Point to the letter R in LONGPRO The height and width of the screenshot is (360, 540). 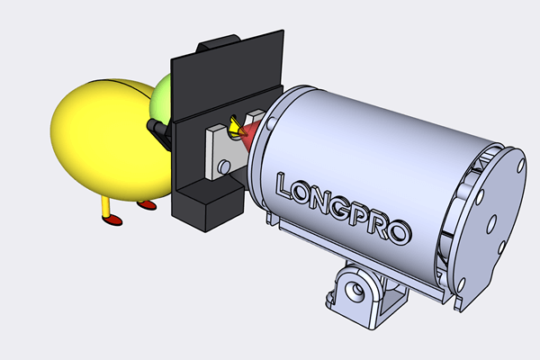(380, 226)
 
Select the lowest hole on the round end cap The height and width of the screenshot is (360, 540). (463, 284)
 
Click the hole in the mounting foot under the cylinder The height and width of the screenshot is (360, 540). (355, 291)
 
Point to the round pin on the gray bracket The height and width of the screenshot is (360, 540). (224, 166)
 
